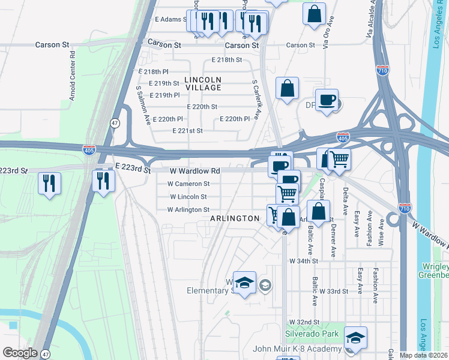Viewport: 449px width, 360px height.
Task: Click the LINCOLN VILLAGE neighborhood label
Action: click(x=203, y=83)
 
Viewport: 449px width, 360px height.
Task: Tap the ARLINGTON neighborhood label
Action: click(x=235, y=219)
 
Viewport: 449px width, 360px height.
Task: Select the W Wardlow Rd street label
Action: click(x=194, y=171)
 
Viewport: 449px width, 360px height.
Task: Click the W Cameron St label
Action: click(x=188, y=184)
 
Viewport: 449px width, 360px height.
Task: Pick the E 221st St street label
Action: click(x=187, y=131)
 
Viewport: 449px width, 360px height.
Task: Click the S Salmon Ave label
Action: click(x=143, y=104)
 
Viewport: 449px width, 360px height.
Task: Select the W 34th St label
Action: click(x=304, y=261)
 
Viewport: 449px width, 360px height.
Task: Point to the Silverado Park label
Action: click(x=312, y=334)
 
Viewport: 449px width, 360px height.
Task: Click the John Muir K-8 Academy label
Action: click(x=297, y=348)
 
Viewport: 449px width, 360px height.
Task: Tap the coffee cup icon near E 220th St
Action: click(x=327, y=100)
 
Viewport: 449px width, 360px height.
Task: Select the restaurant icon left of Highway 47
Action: click(x=49, y=182)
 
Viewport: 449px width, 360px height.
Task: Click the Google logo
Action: click(x=20, y=352)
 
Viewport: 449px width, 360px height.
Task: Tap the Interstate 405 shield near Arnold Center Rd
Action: click(x=89, y=149)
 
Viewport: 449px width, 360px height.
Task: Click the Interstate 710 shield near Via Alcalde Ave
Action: click(x=382, y=70)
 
